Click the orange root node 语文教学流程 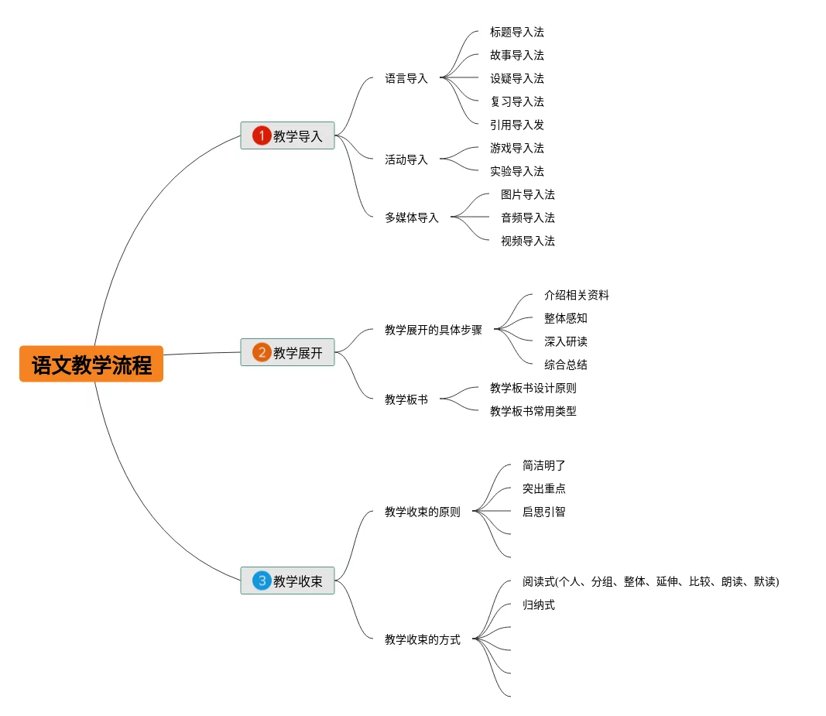[91, 365]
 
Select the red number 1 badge [262, 136]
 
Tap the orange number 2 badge [262, 353]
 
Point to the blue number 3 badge [262, 581]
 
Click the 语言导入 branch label [406, 78]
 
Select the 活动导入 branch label [406, 159]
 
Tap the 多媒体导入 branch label [412, 218]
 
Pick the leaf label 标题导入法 [517, 32]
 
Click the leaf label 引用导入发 [517, 125]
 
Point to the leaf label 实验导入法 [517, 171]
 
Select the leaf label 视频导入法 [528, 241]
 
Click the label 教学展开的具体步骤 [434, 330]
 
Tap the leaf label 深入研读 [566, 341]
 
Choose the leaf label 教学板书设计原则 [533, 388]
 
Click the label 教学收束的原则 [423, 512]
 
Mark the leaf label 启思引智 [544, 512]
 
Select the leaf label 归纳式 [539, 605]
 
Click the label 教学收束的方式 [423, 639]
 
